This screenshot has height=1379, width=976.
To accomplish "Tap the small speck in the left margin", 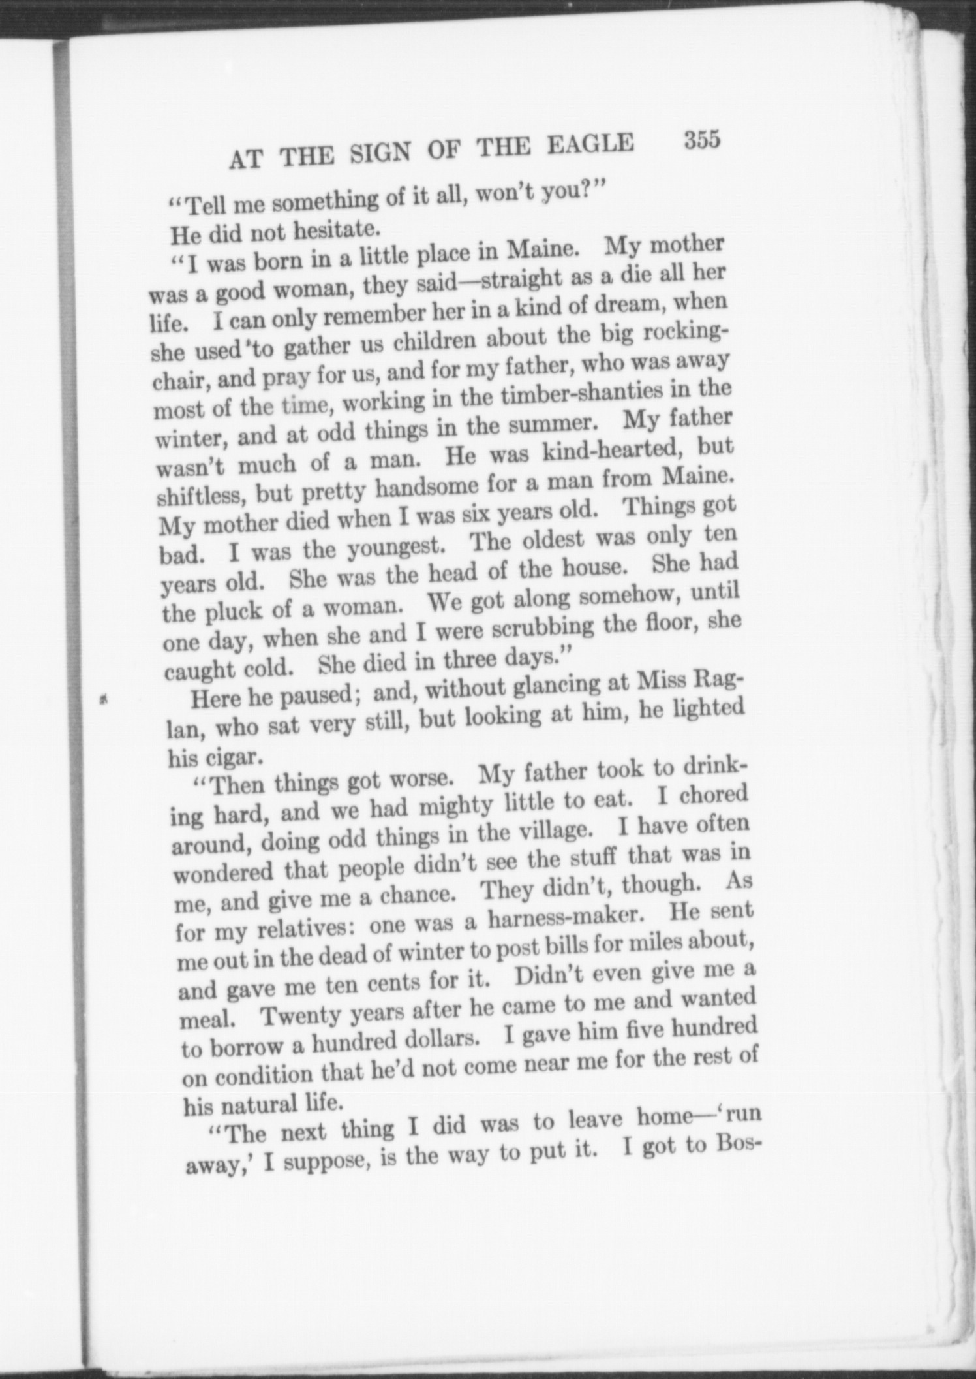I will [x=102, y=701].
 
